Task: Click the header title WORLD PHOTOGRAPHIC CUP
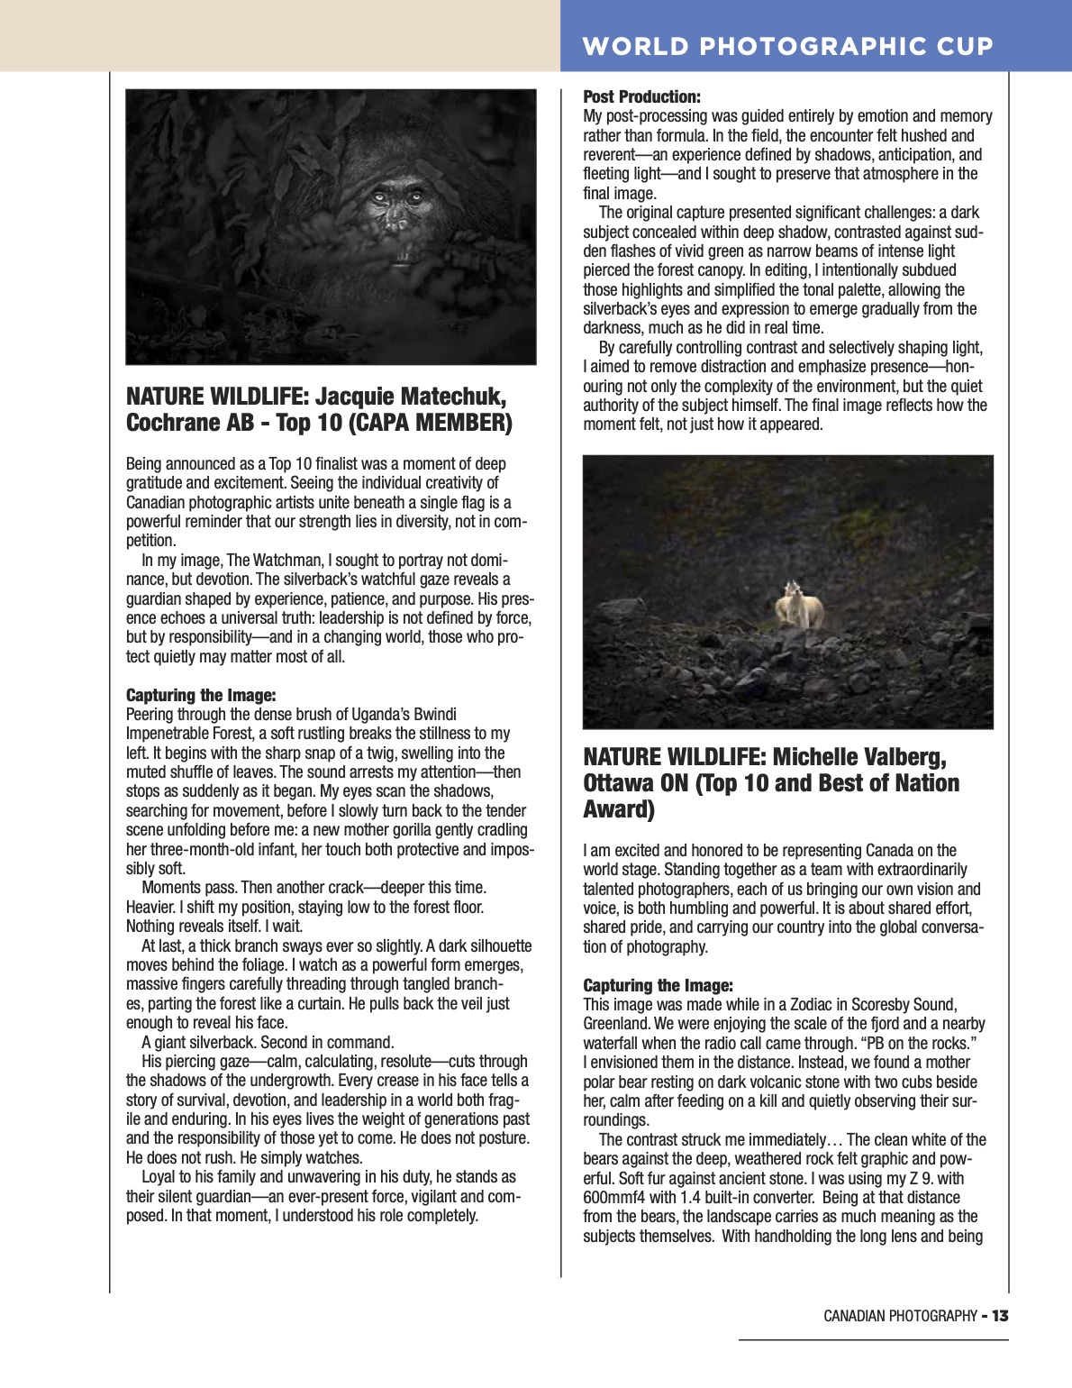[788, 46]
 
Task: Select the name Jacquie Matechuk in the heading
[410, 397]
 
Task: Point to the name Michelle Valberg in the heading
[859, 757]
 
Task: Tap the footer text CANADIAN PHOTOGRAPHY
[900, 1316]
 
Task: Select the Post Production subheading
[641, 96]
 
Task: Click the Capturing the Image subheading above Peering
[201, 695]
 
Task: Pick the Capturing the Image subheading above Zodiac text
[658, 985]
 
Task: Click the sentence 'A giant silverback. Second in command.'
[268, 1042]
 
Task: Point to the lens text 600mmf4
[617, 1198]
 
